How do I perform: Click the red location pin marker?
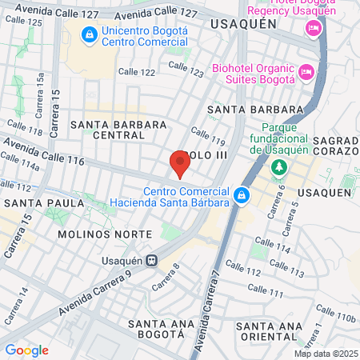tap(180, 164)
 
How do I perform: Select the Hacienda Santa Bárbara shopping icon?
tap(242, 195)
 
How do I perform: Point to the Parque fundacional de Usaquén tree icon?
tap(278, 167)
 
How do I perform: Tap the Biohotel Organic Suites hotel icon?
tap(305, 73)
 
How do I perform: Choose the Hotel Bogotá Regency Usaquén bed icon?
tap(313, 29)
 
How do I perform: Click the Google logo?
tap(26, 350)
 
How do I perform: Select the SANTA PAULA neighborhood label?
tap(44, 203)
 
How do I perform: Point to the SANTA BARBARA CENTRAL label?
tap(118, 130)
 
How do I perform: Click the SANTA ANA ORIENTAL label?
tap(270, 331)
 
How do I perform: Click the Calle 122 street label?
tap(136, 72)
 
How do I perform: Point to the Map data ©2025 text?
tap(325, 353)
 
